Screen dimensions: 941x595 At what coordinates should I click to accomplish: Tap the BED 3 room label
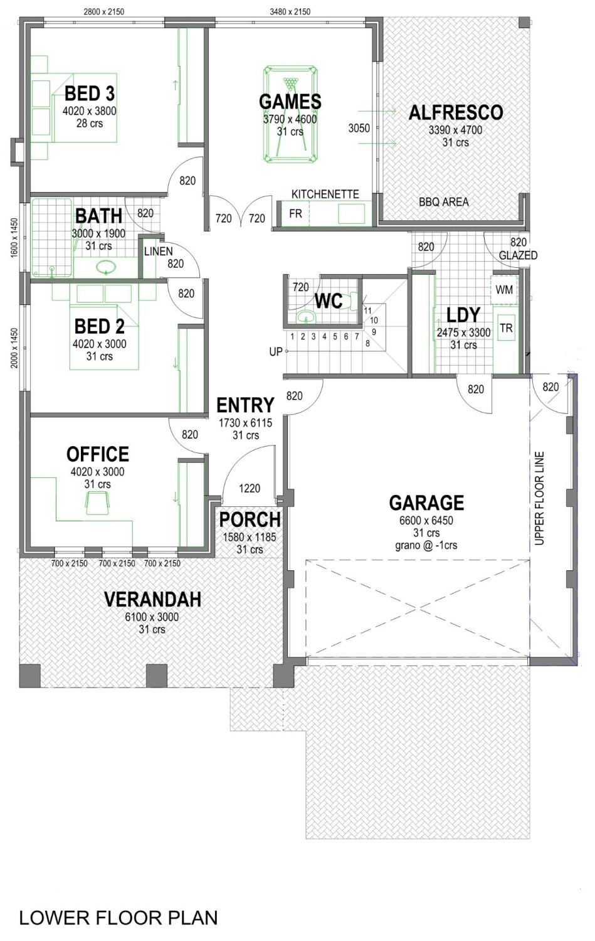pos(90,93)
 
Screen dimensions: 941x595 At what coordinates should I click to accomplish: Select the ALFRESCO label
pos(456,112)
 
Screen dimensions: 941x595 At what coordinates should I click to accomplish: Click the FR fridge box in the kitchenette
pos(295,214)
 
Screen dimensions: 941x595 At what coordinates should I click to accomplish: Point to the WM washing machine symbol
pos(504,290)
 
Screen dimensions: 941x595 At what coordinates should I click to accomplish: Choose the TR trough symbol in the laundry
pos(506,328)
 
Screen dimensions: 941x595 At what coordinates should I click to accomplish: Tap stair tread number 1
pos(292,337)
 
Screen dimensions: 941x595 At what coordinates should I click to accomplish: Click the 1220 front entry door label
pos(250,488)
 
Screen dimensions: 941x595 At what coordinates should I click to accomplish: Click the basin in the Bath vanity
pos(106,268)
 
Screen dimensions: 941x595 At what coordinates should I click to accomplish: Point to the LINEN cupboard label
pos(158,251)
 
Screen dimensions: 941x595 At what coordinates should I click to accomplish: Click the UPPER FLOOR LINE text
pos(540,498)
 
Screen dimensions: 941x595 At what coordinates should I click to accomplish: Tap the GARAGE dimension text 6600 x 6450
pos(426,521)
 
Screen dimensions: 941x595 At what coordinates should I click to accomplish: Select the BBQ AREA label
pos(443,202)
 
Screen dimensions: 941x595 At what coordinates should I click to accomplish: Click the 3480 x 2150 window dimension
pos(290,11)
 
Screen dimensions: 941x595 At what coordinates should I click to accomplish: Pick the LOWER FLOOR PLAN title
pos(118,918)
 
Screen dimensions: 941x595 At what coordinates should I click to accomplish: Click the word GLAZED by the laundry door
pos(518,255)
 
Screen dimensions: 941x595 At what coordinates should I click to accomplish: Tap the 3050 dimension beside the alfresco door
pos(359,128)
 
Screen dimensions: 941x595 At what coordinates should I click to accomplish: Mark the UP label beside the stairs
pos(276,352)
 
